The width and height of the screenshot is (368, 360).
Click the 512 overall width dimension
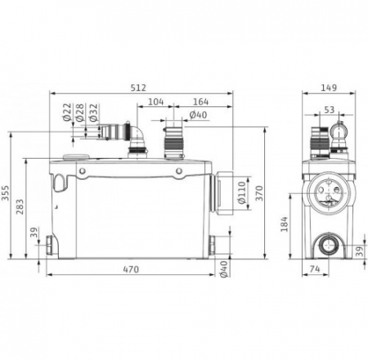click(138, 88)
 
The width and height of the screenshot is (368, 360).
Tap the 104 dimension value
click(156, 101)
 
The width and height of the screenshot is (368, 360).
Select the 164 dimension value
click(200, 101)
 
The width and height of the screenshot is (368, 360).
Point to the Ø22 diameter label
click(67, 112)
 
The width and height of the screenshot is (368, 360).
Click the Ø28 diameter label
click(79, 112)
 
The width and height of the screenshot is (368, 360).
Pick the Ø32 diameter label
click(93, 112)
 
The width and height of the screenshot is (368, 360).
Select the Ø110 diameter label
click(242, 192)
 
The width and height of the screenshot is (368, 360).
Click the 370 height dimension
click(259, 193)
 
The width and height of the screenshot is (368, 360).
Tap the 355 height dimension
click(5, 193)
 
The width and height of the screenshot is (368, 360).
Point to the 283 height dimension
click(20, 207)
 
